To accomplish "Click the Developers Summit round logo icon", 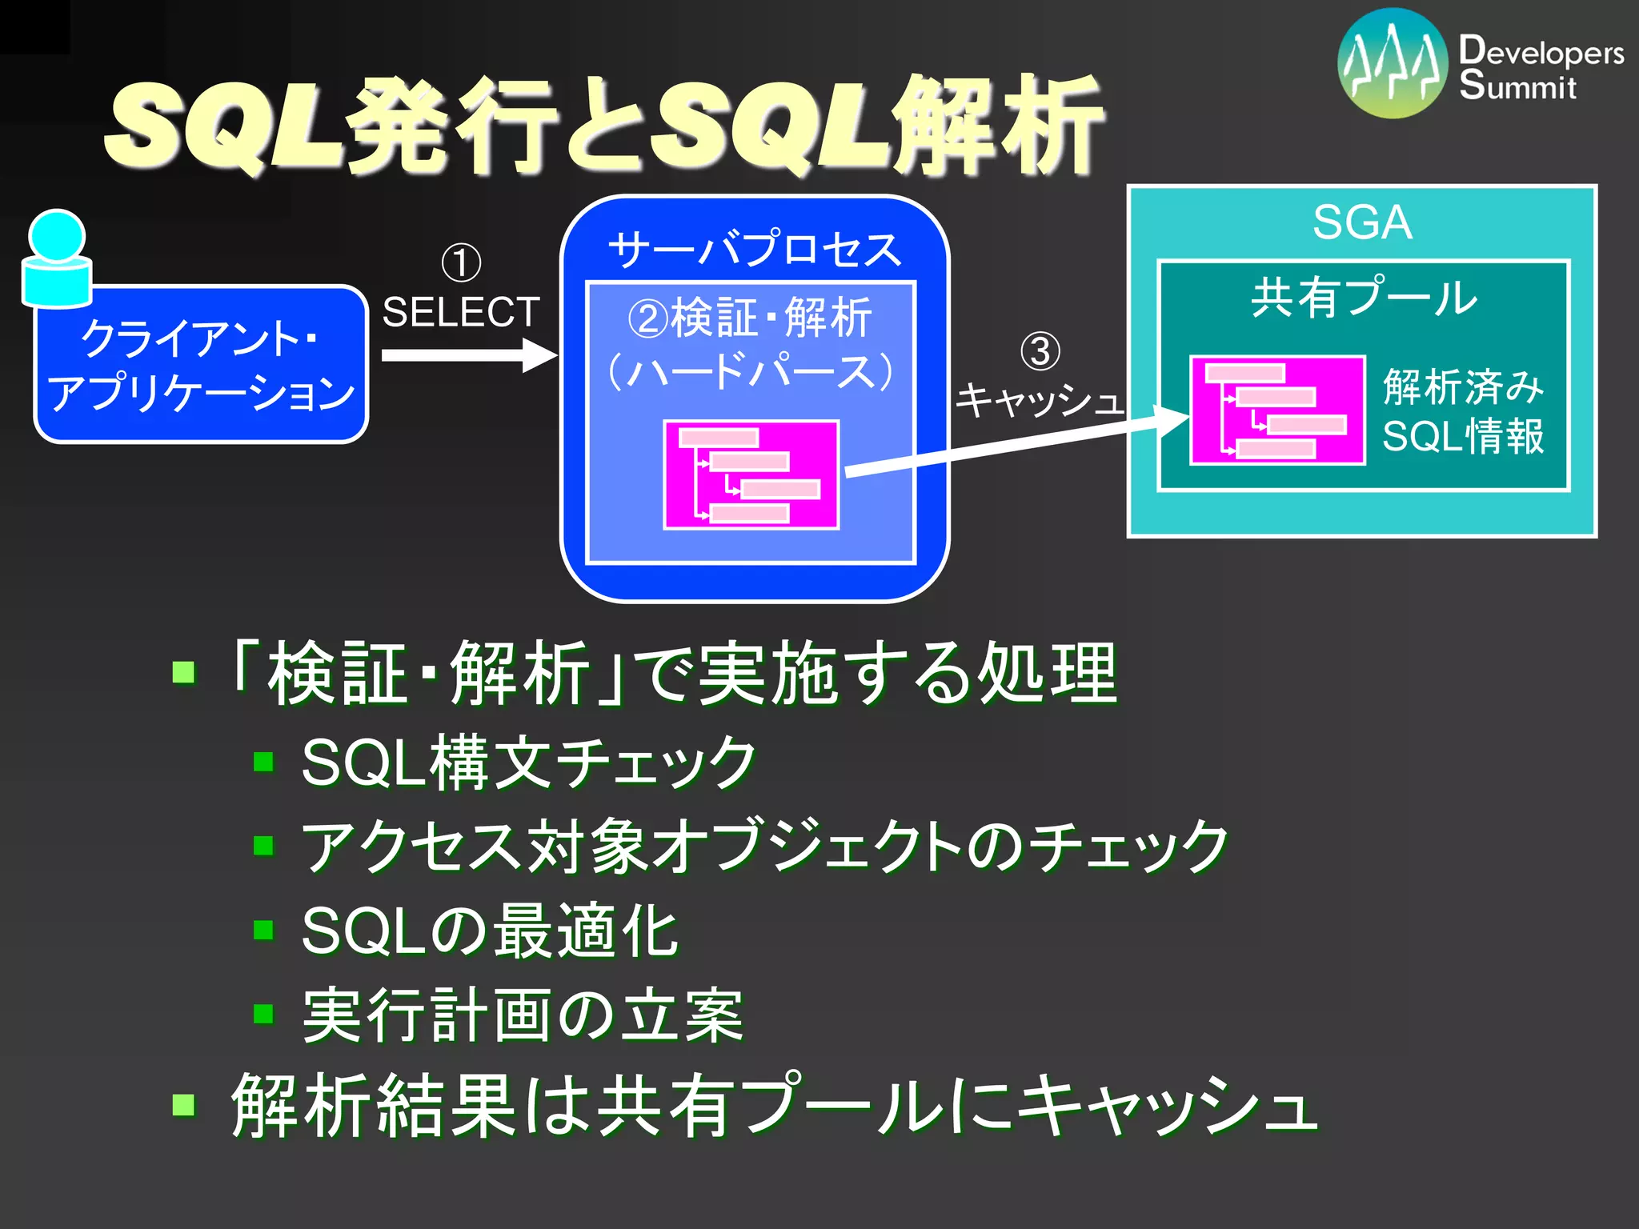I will [x=1393, y=63].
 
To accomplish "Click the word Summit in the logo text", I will [x=1517, y=86].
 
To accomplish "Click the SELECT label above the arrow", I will [x=460, y=312].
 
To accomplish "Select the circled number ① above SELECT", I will [x=461, y=263].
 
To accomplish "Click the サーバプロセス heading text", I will [x=754, y=249].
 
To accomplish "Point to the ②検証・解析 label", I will [x=749, y=318].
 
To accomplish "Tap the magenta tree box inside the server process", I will [x=751, y=474].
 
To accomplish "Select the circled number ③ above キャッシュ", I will [x=1040, y=351].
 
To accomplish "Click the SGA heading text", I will [x=1362, y=222].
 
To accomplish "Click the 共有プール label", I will [x=1364, y=298].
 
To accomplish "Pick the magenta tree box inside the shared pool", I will [x=1277, y=410].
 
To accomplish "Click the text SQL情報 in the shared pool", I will [x=1462, y=437].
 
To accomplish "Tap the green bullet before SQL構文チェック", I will [x=263, y=761].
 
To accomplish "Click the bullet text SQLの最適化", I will [x=490, y=931].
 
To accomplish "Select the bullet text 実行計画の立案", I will [x=523, y=1015].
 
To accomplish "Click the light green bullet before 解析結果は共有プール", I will [x=184, y=1105].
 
